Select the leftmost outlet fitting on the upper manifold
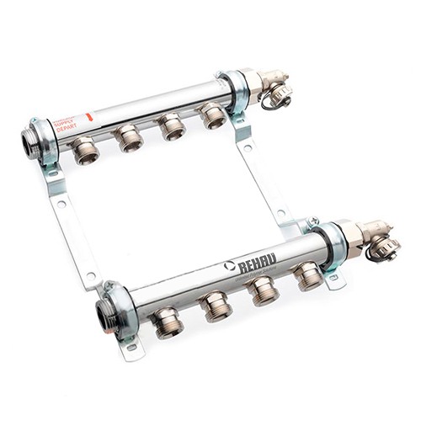[85, 152]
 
